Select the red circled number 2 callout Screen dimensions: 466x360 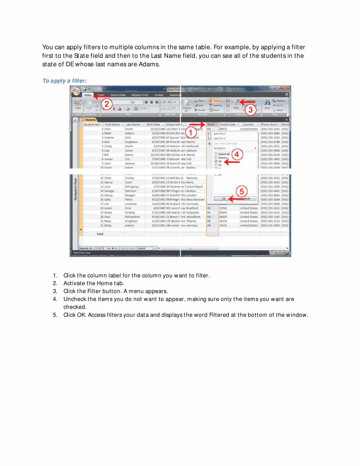pyautogui.click(x=107, y=105)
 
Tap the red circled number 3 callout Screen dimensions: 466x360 pyautogui.click(x=251, y=109)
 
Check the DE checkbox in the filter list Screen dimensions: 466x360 pyautogui.click(x=216, y=161)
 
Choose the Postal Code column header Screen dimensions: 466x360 pyautogui.click(x=228, y=124)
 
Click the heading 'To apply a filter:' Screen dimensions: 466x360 pyautogui.click(x=64, y=81)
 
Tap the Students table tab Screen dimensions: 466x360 pyautogui.click(x=90, y=120)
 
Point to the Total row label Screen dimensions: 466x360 pyautogui.click(x=100, y=233)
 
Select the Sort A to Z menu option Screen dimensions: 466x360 pyautogui.click(x=220, y=133)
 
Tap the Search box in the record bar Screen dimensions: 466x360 pyautogui.click(x=142, y=248)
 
